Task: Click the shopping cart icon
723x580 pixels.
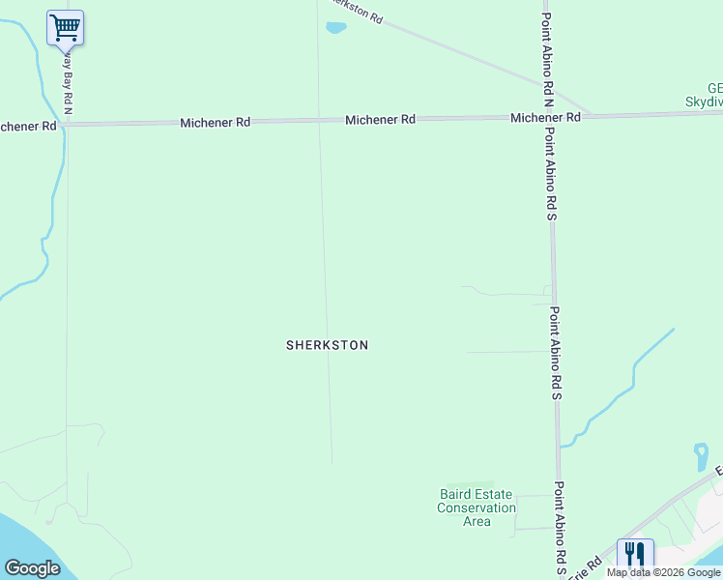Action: coord(65,27)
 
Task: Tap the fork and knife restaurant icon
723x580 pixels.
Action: coord(635,555)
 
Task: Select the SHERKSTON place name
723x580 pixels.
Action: coord(327,345)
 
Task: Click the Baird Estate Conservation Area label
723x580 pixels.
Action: coord(477,507)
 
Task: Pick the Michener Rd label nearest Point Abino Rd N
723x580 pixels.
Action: coord(545,117)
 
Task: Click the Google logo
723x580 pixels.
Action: coord(32,568)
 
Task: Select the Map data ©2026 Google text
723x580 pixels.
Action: coord(664,572)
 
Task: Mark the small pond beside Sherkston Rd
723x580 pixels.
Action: coord(335,28)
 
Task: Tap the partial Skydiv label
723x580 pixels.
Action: coord(704,101)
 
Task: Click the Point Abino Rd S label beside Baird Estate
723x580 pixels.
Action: coord(559,527)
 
